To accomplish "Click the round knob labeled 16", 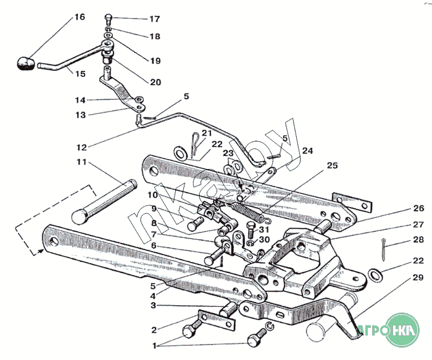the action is tap(25, 63).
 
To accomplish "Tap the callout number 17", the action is tap(154, 19).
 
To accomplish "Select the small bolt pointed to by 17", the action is tap(108, 18).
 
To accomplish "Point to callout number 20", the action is tap(156, 82).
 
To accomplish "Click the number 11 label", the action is tap(81, 162).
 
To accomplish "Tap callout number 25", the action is tap(332, 165).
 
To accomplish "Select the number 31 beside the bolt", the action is tap(264, 229).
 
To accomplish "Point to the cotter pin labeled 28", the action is tap(383, 249).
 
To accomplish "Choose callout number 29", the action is tap(418, 277).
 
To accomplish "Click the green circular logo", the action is tap(402, 329).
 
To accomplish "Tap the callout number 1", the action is tap(154, 346).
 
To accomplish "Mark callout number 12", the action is tap(81, 147).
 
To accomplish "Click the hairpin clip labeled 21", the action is tap(195, 145).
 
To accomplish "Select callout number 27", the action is tap(418, 224).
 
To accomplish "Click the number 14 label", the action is tap(80, 100).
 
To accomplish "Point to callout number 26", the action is tap(418, 208).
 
